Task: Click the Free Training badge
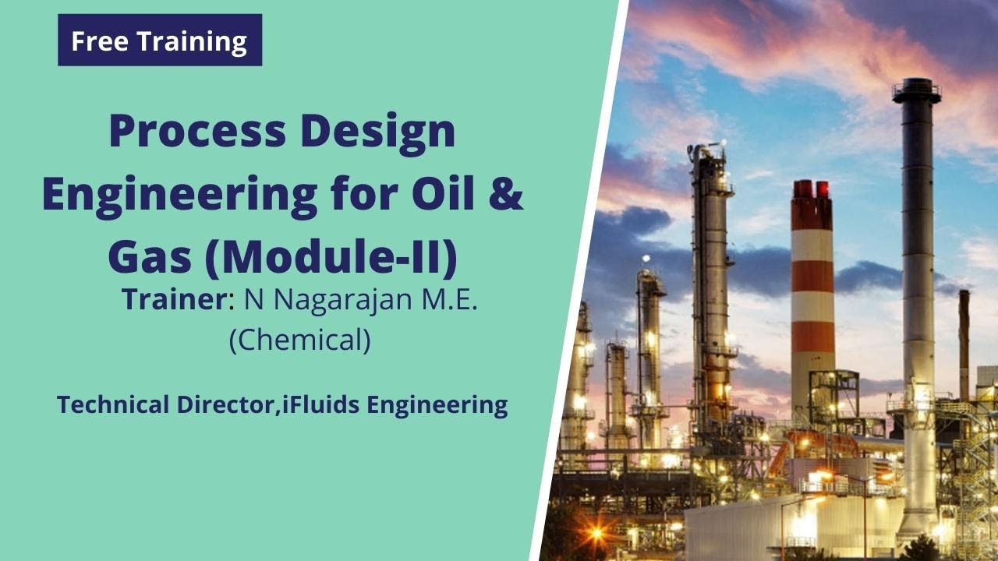pyautogui.click(x=159, y=41)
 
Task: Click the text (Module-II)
pyautogui.click(x=331, y=259)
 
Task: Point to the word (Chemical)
pyautogui.click(x=299, y=340)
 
